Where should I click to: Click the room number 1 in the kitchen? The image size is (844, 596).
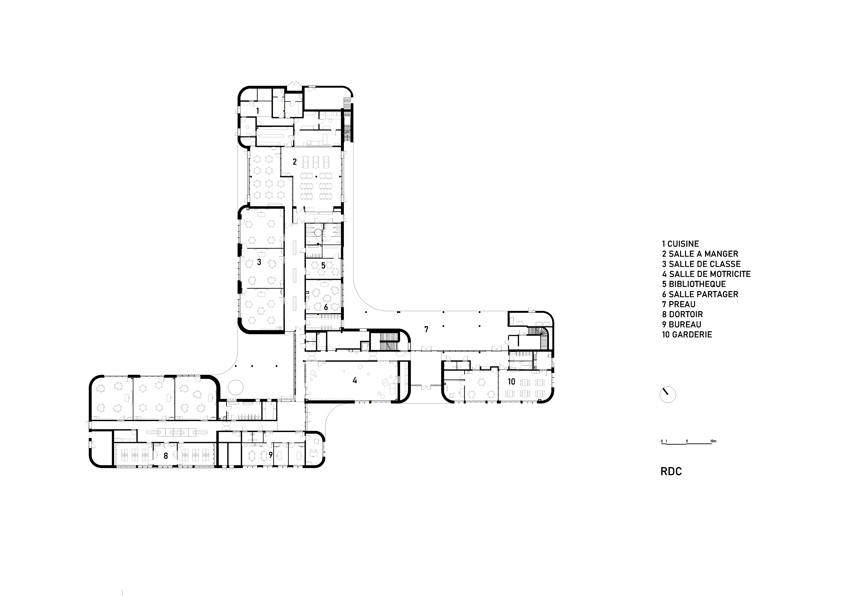point(258,111)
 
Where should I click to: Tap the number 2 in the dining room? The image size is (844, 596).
point(294,162)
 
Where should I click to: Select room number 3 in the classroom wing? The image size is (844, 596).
point(259,262)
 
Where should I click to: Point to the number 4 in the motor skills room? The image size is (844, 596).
point(355,380)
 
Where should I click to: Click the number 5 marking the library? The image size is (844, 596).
point(323,265)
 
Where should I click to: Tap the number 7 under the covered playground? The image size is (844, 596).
point(426,329)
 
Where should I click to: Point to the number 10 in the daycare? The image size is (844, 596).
point(511,382)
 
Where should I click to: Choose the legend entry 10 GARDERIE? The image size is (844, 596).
point(687,335)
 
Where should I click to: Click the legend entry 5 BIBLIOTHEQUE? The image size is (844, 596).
point(694,284)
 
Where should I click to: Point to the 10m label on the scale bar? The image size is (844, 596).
point(713,441)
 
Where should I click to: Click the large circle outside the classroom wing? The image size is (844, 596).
point(236,387)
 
